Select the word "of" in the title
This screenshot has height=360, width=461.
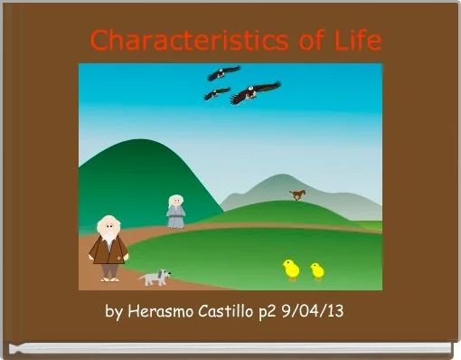tap(298, 41)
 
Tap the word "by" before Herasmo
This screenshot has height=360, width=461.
tap(114, 313)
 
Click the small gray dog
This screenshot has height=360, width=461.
tap(155, 277)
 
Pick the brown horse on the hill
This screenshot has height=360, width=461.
tap(297, 194)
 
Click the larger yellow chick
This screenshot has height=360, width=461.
tap(291, 269)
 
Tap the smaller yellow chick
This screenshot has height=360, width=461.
tap(317, 270)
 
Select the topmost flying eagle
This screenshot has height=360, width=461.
tap(222, 72)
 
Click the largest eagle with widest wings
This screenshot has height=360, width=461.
tap(255, 92)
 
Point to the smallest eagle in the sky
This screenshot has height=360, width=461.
tap(216, 93)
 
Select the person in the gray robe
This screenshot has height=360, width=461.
tap(175, 213)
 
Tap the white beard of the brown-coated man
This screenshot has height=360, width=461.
tap(108, 237)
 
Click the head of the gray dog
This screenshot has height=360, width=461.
tap(164, 274)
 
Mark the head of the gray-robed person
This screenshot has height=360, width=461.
tap(176, 201)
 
